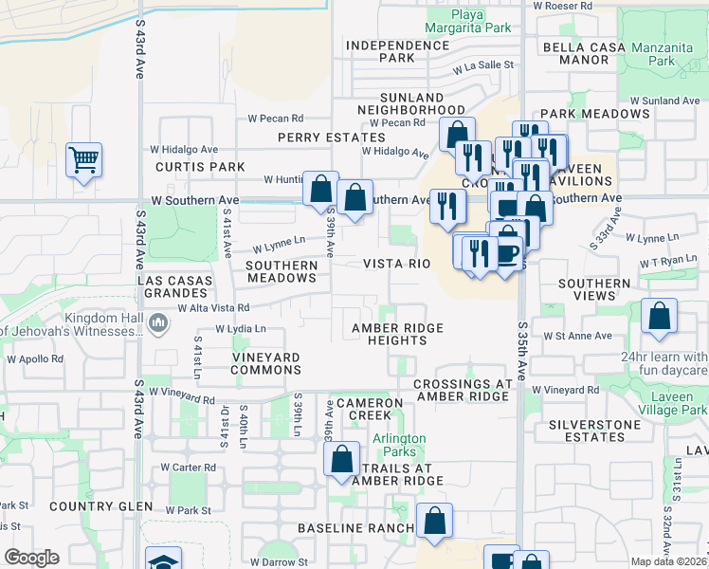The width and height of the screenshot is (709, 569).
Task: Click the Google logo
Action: [32, 558]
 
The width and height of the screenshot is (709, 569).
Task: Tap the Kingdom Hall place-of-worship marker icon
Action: [158, 325]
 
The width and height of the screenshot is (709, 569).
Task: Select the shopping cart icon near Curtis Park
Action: [83, 159]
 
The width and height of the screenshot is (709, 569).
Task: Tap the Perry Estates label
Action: [318, 138]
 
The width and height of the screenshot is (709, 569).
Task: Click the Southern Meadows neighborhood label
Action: [281, 271]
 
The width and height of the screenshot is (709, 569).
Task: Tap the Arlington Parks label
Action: [399, 445]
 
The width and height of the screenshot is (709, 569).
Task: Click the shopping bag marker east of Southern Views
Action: [659, 317]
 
